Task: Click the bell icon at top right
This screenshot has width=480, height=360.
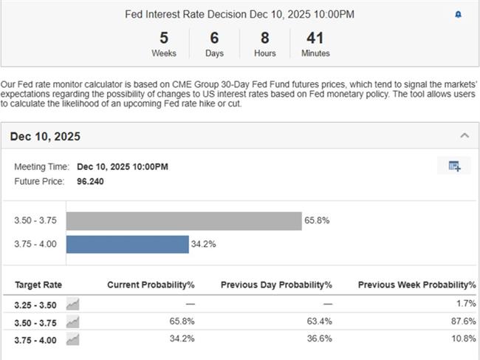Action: click(x=458, y=15)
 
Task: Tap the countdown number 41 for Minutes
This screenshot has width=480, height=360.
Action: click(x=315, y=38)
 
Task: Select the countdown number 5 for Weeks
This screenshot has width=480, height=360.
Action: click(x=163, y=38)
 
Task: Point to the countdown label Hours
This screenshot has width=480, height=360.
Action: click(x=264, y=53)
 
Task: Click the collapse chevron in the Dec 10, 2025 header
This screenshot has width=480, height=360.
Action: click(x=464, y=135)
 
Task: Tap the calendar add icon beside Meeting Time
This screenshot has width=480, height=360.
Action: click(x=454, y=166)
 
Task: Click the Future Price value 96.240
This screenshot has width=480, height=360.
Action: click(x=90, y=181)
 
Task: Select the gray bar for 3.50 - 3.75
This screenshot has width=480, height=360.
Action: click(x=184, y=220)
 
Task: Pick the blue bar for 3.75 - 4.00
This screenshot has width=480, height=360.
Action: click(x=127, y=244)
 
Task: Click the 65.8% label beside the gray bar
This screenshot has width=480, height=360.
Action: click(x=318, y=220)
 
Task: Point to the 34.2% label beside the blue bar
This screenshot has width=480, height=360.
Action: click(x=204, y=244)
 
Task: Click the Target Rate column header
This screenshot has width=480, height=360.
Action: click(x=38, y=285)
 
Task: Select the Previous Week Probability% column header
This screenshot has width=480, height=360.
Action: click(x=416, y=285)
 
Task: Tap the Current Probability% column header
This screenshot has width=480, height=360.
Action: click(x=151, y=285)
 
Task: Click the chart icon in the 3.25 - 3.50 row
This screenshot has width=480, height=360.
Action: click(x=72, y=304)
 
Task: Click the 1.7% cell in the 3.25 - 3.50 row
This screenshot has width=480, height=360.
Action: click(x=466, y=304)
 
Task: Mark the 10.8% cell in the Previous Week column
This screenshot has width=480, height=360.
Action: click(x=463, y=338)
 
